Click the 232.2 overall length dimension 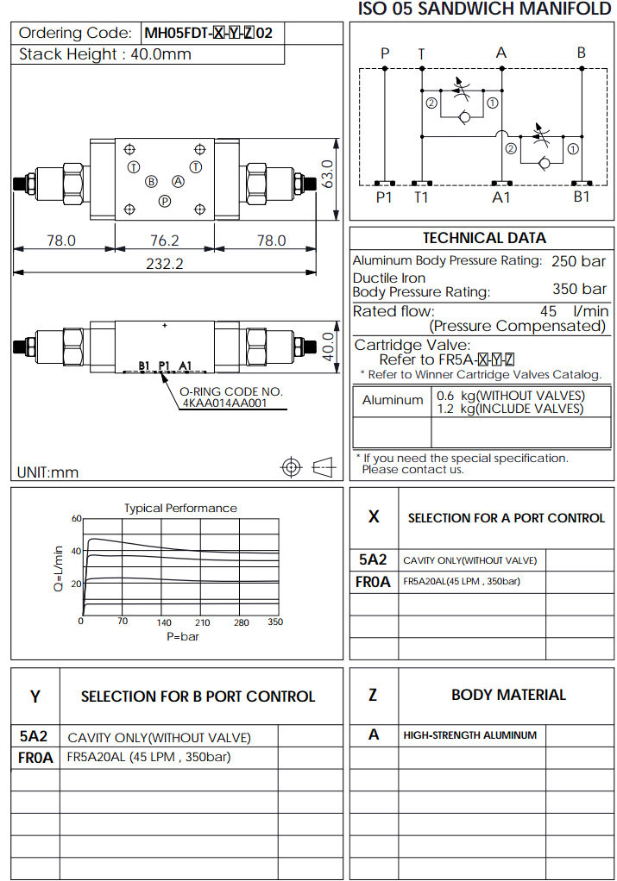point(164,265)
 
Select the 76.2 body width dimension point(164,241)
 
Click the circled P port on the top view point(164,201)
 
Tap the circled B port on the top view point(151,182)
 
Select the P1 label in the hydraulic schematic point(385,197)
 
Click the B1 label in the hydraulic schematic point(582,197)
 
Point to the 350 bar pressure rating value point(579,289)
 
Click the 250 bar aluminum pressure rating point(579,260)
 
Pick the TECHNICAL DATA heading point(483,238)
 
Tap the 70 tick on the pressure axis point(123,622)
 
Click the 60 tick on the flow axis point(76,519)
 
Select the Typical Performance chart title point(180,508)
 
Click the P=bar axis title point(183,636)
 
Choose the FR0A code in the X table point(373,582)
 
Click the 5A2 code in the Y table point(34,737)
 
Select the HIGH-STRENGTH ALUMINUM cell point(469,735)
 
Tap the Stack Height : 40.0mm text point(105,54)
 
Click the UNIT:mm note point(47,472)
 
